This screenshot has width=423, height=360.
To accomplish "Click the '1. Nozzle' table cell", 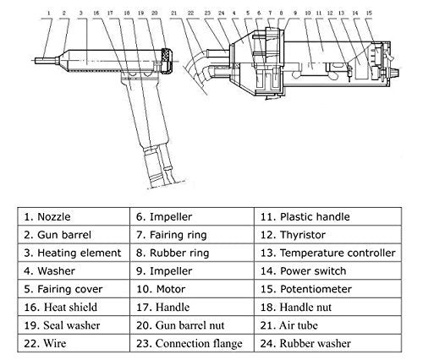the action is click(x=74, y=216).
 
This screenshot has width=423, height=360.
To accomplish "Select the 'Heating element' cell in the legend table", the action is click(x=74, y=253).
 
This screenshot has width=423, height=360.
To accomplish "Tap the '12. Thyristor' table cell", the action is click(x=327, y=235).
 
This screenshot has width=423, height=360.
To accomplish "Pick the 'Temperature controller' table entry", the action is click(x=327, y=253).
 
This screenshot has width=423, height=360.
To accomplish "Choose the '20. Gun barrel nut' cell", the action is click(x=192, y=325).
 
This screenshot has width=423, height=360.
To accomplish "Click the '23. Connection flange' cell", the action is click(x=192, y=343).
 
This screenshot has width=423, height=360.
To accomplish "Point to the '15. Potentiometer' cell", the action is click(x=327, y=289).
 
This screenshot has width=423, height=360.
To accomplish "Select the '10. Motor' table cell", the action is click(x=192, y=289).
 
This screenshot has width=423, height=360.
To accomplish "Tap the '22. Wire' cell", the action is click(x=74, y=343).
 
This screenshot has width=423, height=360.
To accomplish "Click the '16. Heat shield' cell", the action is click(x=74, y=307).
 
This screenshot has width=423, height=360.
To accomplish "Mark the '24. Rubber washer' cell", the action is click(x=327, y=343).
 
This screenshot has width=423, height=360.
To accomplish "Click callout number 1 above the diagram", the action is click(x=49, y=13).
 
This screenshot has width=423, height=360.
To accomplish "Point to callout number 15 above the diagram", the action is click(x=369, y=13).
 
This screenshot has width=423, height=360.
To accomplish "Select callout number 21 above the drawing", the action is click(x=173, y=13).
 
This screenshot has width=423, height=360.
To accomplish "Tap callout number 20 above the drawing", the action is click(x=155, y=13).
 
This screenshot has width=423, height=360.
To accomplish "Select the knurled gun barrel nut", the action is click(x=167, y=61).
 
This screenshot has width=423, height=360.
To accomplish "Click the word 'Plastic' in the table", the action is click(x=296, y=217).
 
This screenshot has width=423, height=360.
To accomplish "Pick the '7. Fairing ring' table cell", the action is click(x=192, y=235).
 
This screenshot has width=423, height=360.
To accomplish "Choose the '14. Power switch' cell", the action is click(x=327, y=270).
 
